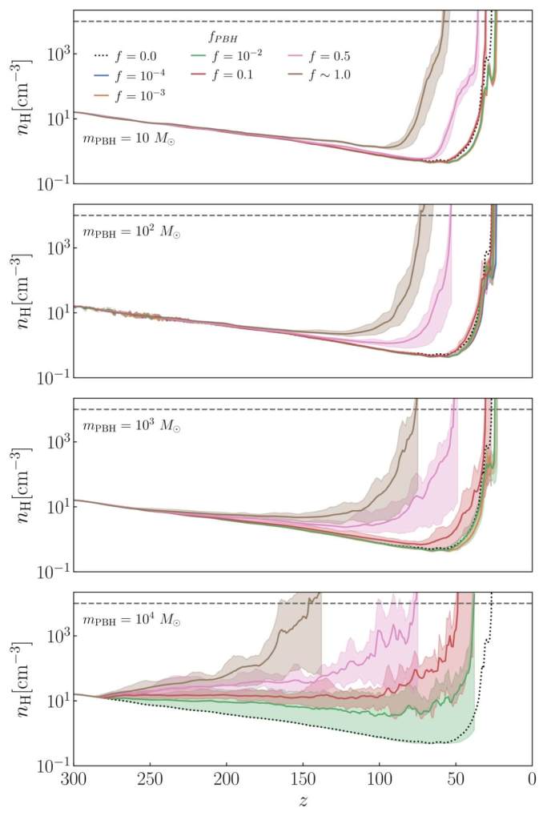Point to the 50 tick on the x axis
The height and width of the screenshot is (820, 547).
(457, 779)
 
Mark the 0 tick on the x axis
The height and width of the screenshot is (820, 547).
(533, 779)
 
